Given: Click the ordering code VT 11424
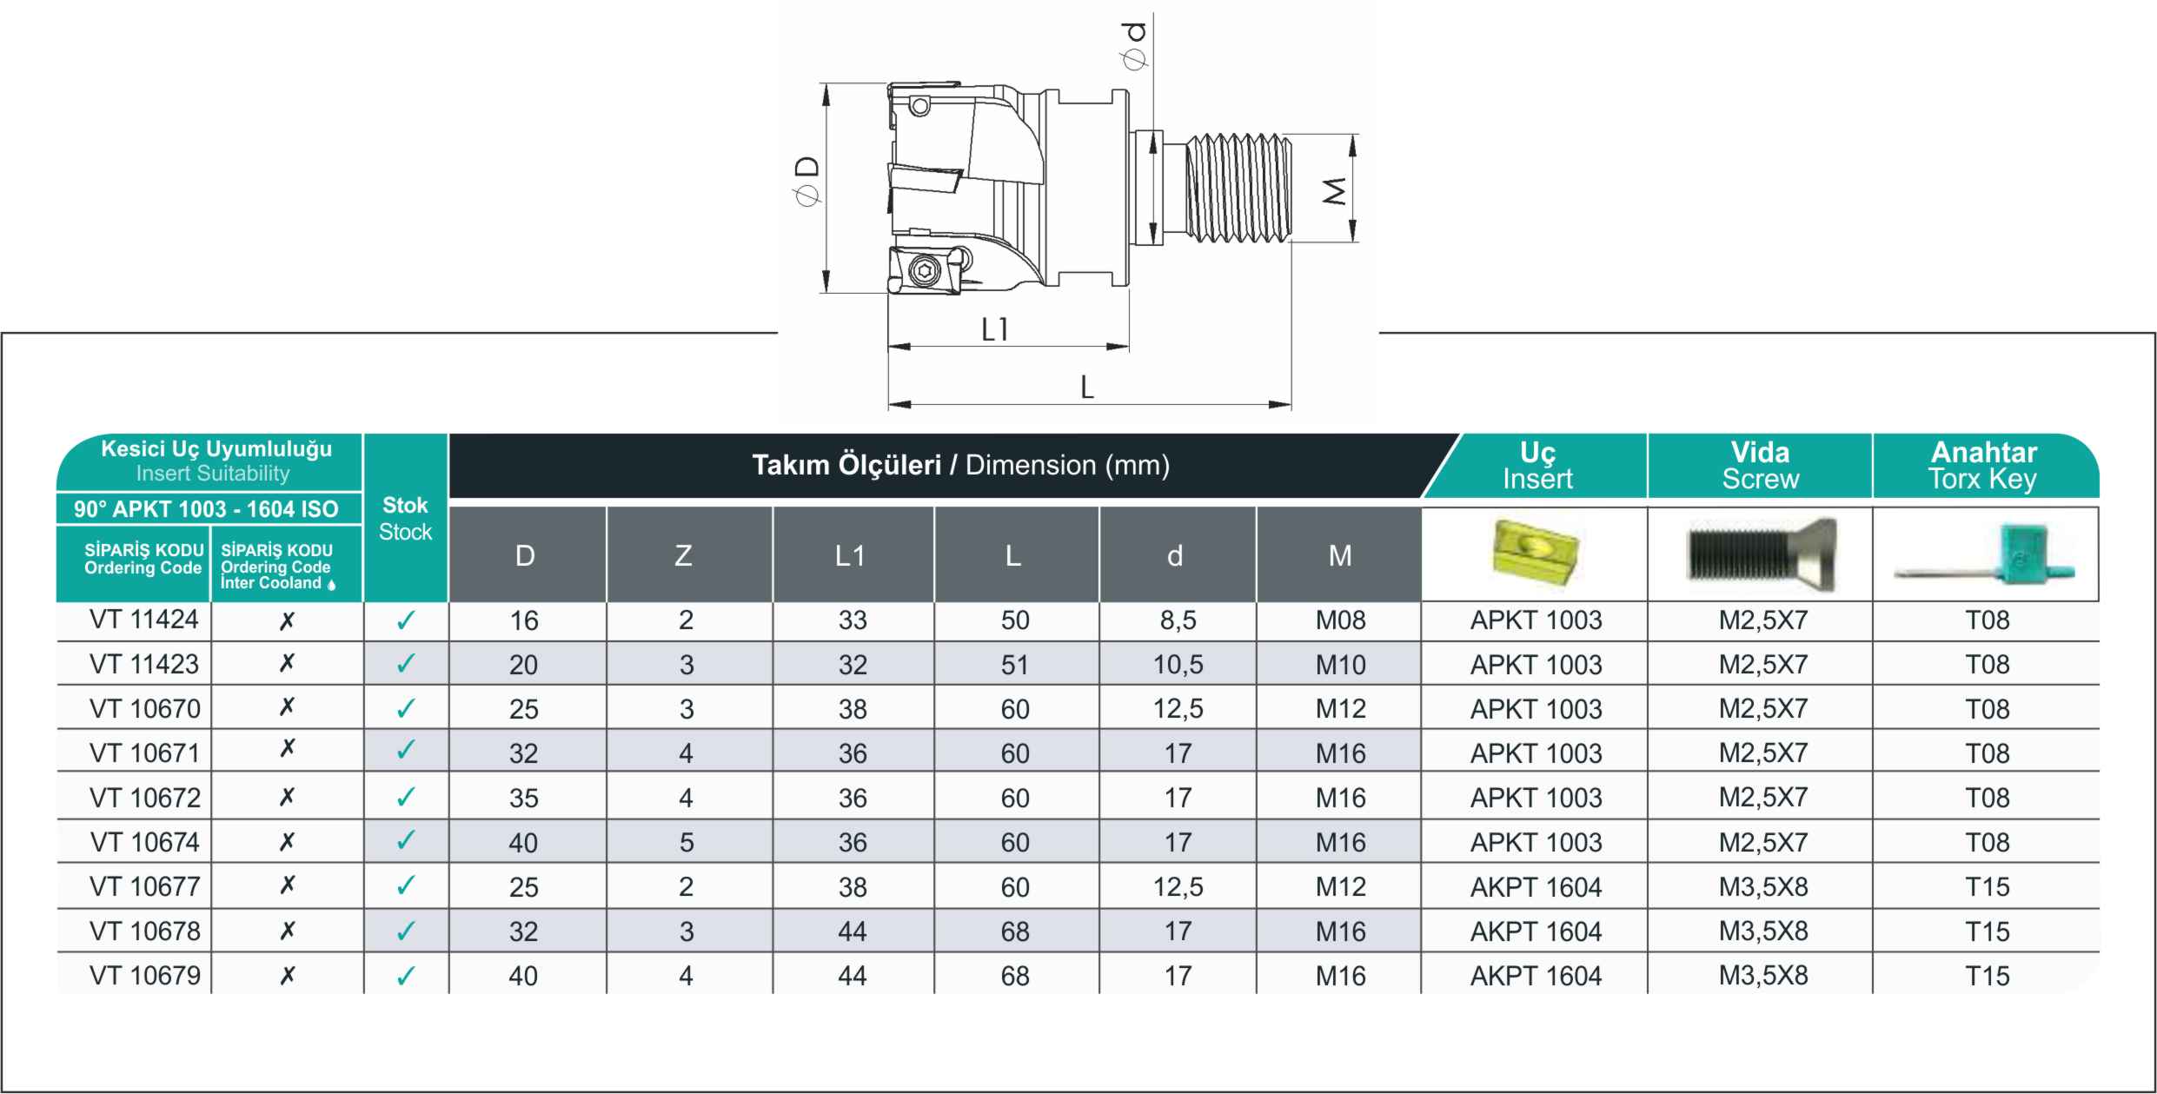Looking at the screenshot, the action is pos(144,620).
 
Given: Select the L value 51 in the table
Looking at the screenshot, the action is pos(1014,665).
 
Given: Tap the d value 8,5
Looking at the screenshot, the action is pos(1177,620).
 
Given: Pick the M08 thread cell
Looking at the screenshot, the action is pos(1340,620).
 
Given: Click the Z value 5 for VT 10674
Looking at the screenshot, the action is pos(686,842).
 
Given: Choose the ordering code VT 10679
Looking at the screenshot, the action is pos(144,976).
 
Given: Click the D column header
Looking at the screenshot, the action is pos(525,555).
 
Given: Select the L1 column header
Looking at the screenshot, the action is pos(850,555).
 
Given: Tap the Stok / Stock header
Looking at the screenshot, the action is pos(405,518).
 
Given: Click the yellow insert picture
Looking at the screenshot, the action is pos(1535,554).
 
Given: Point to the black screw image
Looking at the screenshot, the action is pos(1761,554).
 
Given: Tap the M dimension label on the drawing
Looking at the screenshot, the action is pos(1335,190).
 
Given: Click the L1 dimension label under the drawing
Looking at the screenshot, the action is pos(994,329).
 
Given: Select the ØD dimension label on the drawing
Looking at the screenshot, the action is pos(808,182).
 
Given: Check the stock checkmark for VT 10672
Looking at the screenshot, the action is pos(405,798).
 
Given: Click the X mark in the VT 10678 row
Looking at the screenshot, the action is pos(287,931).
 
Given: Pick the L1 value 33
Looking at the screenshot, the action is pos(852,620).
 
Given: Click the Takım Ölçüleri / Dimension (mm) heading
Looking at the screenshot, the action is pos(960,466).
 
